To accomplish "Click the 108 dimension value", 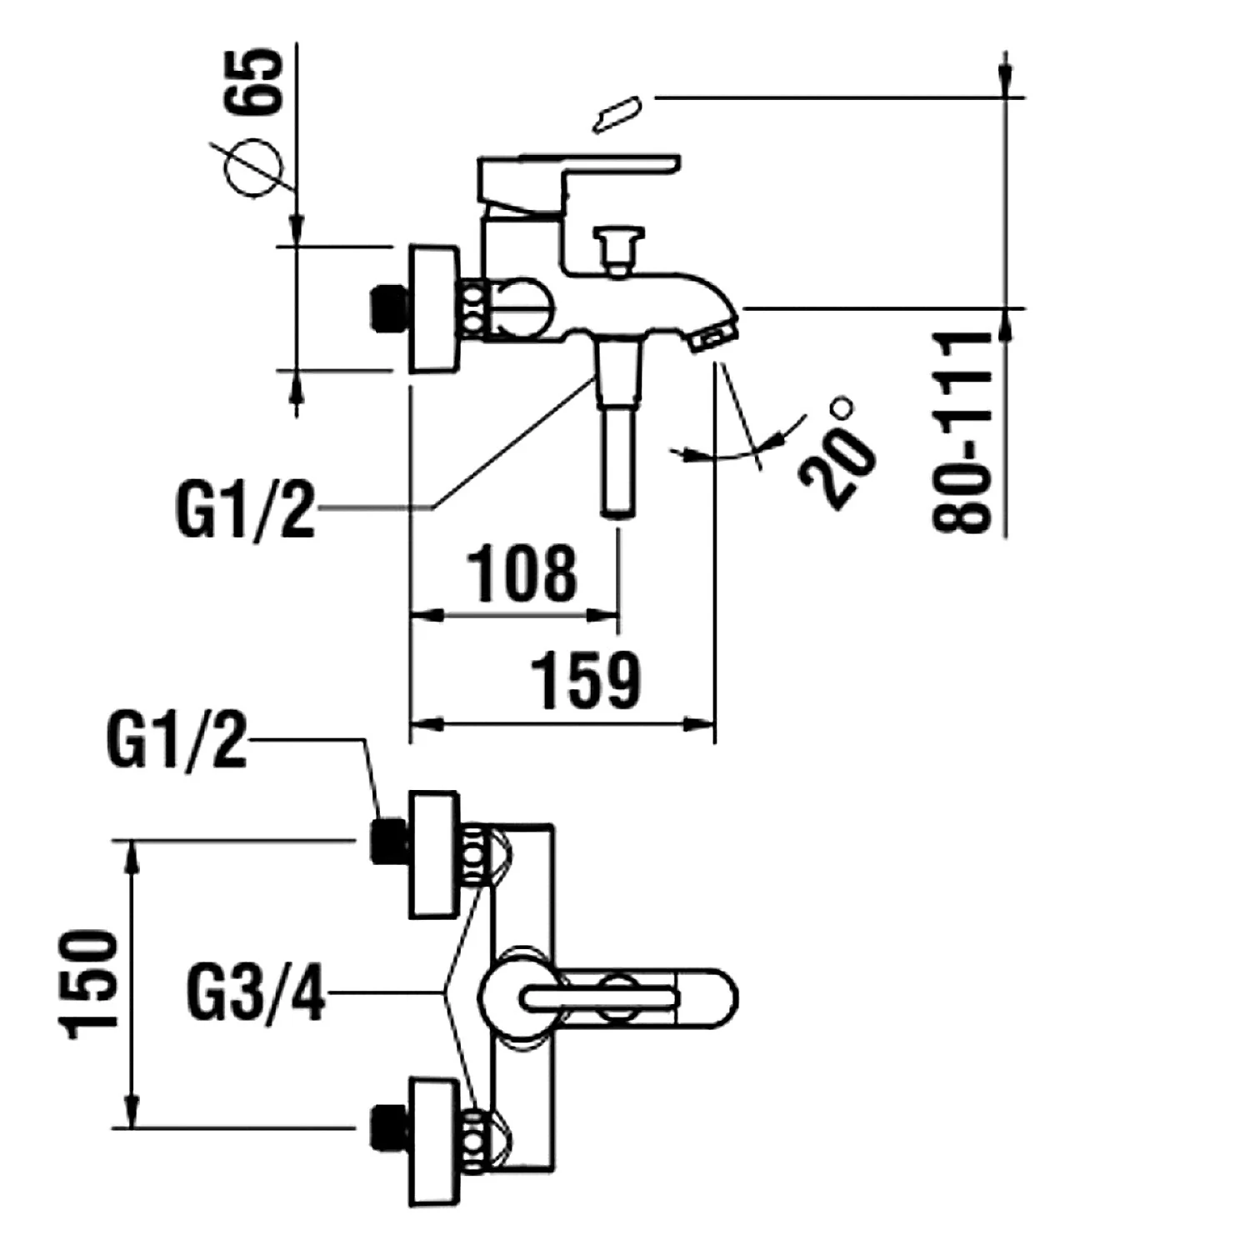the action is (x=522, y=573).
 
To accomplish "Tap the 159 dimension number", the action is (x=587, y=680).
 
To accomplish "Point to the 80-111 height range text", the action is (x=963, y=432).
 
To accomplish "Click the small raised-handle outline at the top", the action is (x=617, y=113).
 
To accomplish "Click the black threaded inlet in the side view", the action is (x=387, y=309).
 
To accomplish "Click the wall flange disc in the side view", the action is (x=434, y=309).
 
